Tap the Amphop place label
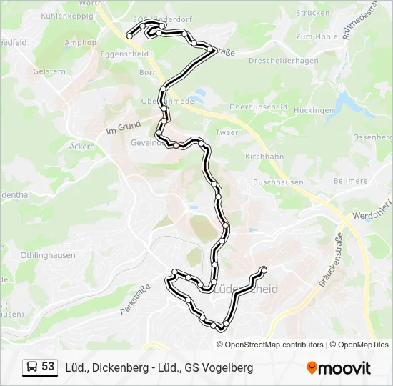pyautogui.click(x=80, y=43)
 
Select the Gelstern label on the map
pyautogui.click(x=49, y=71)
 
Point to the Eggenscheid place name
pyautogui.click(x=124, y=54)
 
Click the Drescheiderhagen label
pyautogui.click(x=284, y=61)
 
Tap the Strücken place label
pyautogui.click(x=313, y=13)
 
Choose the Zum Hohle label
pyautogui.click(x=316, y=36)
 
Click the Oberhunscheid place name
pyautogui.click(x=258, y=107)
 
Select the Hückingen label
pyautogui.click(x=313, y=111)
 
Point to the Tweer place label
pyautogui.click(x=227, y=133)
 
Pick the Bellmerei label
pyautogui.click(x=350, y=182)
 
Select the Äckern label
pyautogui.click(x=82, y=147)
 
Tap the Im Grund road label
pyautogui.click(x=123, y=127)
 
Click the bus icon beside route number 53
pyautogui.click(x=32, y=367)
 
